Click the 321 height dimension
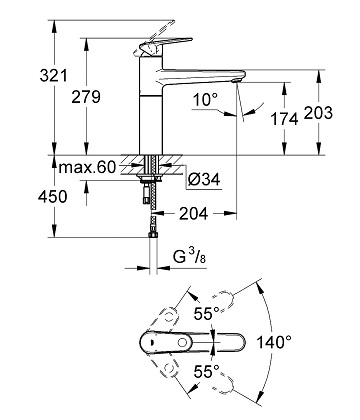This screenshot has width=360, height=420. pos(53,76)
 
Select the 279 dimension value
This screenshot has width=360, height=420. pos(86,97)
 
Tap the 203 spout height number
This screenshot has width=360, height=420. pos(318,113)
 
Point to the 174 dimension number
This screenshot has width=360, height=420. pos(284,119)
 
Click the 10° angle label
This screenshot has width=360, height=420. pos(205,99)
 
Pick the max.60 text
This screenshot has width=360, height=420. pos(87,167)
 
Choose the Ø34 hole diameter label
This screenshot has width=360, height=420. pos(204,180)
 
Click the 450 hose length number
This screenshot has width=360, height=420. pos(52,197)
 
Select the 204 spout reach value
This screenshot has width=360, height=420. pos(193,213)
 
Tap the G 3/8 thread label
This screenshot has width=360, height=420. pos(189,257)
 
